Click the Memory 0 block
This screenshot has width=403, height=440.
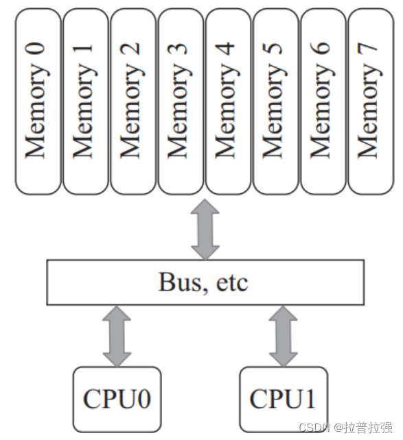tap(38, 101)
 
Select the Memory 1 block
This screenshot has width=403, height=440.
tap(85, 101)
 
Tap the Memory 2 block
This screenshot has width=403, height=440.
tap(133, 101)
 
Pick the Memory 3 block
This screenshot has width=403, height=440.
tap(180, 101)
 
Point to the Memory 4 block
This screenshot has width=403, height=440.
tap(227, 101)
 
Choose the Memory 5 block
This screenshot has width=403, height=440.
tap(275, 101)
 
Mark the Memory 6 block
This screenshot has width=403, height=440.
tap(323, 101)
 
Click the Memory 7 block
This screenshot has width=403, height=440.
tap(370, 101)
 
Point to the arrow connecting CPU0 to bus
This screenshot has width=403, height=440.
tap(117, 336)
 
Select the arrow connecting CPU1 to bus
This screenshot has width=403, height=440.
tap(283, 336)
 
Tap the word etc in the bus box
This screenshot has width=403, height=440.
tap(233, 282)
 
